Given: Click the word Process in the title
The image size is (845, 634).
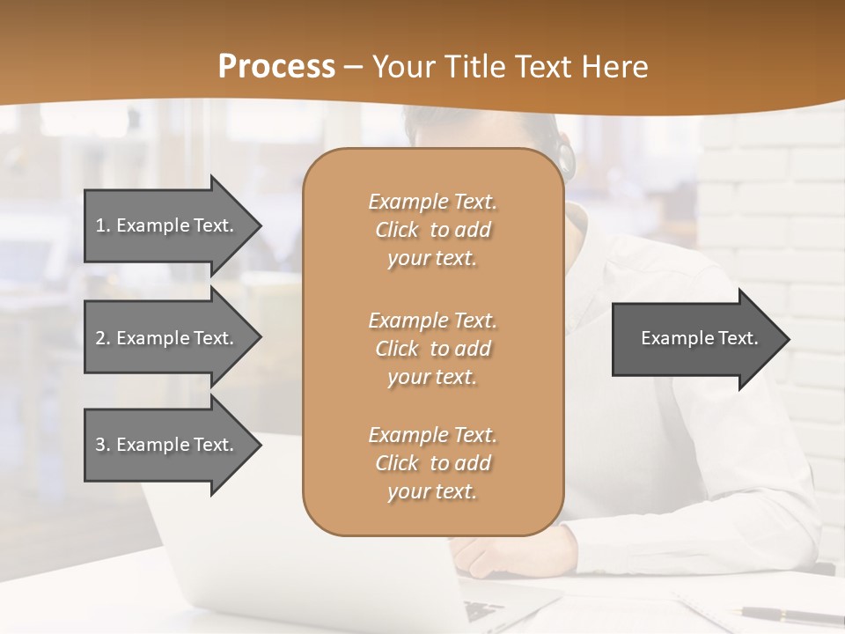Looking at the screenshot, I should pos(276,67).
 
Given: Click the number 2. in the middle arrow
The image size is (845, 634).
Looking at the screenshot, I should pos(103,338).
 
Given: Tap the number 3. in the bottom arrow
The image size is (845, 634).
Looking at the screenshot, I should pos(103,445).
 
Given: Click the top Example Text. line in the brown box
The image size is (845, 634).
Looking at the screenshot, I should pos(433,202).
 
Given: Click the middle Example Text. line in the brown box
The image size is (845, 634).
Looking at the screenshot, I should pos(433,320).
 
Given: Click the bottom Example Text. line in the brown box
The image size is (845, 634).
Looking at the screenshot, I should pos(433,435).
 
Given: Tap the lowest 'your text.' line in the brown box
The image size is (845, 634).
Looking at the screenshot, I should pos(433,491).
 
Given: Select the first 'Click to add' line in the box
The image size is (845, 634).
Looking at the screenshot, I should pos(433,230).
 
